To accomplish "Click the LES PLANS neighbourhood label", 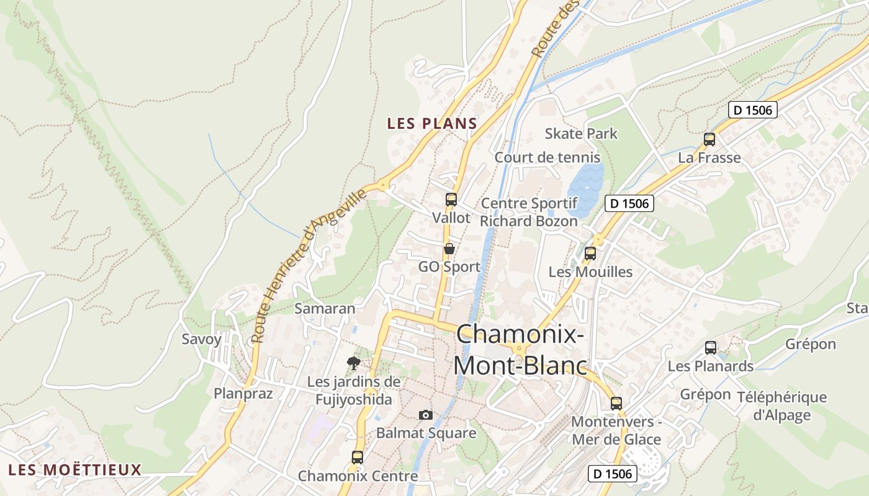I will (x=432, y=123).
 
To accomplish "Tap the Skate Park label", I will (x=581, y=133).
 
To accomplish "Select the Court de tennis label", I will (x=547, y=157).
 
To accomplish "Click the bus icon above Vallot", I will (x=451, y=200).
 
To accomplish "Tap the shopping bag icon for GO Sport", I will (x=449, y=249).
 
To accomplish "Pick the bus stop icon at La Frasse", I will (x=709, y=139).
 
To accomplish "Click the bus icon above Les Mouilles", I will (x=590, y=253).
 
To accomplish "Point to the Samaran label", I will (x=325, y=308).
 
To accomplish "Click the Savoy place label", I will (x=201, y=339).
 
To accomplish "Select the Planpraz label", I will (x=243, y=394).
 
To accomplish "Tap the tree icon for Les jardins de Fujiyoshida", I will (x=354, y=363).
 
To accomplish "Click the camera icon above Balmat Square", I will (x=426, y=415).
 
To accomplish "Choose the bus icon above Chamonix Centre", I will (x=358, y=458).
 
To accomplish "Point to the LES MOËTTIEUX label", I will (x=75, y=469).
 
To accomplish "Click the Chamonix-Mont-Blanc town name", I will (x=520, y=350).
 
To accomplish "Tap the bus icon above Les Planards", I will (x=711, y=348).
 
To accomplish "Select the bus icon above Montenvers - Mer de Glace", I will (x=616, y=403).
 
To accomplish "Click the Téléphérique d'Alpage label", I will (x=781, y=406).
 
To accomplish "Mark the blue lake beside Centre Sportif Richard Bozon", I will (x=585, y=185).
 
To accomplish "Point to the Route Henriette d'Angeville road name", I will (x=308, y=267).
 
